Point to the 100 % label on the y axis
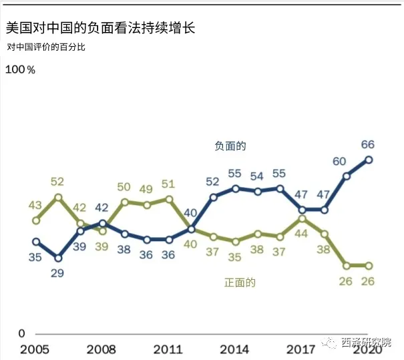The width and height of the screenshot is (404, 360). (x=21, y=69)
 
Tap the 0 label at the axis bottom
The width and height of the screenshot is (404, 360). (x=21, y=333)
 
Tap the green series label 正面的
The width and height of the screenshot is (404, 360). (x=239, y=283)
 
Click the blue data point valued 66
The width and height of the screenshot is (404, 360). (x=369, y=160)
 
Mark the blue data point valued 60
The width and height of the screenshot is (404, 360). (x=347, y=176)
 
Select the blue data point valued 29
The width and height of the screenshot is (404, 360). (x=58, y=257)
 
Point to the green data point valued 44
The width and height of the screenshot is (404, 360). (x=302, y=218)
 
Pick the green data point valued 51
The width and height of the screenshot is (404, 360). (x=169, y=199)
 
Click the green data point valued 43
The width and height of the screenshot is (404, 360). (x=36, y=220)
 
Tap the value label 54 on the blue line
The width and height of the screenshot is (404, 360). (x=257, y=176)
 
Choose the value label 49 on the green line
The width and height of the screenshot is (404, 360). (x=146, y=189)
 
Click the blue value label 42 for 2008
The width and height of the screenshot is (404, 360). (x=102, y=207)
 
